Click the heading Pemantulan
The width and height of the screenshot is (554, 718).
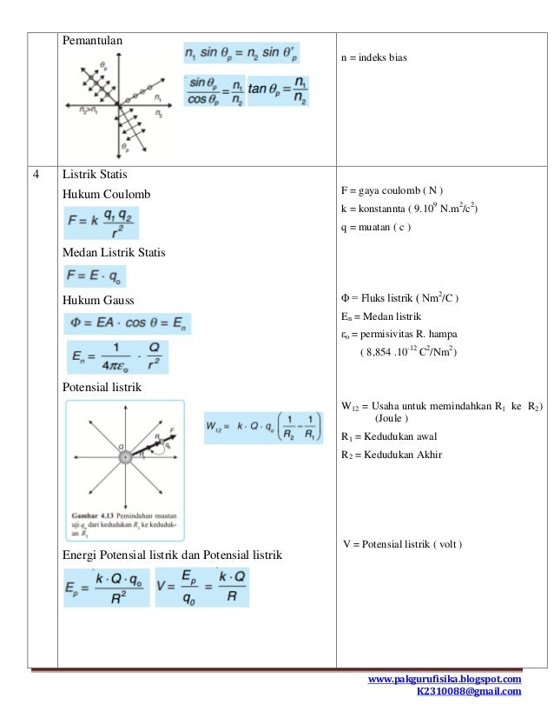coord(92,39)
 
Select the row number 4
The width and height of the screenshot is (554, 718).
coord(36,173)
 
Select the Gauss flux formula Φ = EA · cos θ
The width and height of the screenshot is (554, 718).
coord(127,323)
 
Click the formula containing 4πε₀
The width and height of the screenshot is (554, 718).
coord(116,357)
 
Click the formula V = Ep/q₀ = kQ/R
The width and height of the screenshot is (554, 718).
coord(201,588)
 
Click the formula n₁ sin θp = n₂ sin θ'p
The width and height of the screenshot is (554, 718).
coord(241,54)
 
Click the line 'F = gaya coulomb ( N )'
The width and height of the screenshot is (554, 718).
coord(392,190)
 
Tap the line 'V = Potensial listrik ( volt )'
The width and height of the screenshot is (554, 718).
coord(402,544)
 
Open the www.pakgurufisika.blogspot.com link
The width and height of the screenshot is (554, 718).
coord(445,679)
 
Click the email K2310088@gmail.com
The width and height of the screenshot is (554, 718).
coord(469,692)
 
